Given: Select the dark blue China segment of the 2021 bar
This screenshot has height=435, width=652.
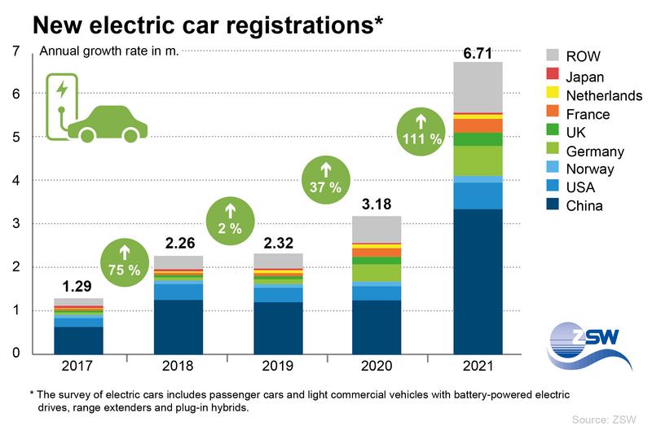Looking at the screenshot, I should pyautogui.click(x=478, y=280).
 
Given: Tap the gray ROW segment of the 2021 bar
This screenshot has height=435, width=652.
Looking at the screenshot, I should pyautogui.click(x=478, y=86).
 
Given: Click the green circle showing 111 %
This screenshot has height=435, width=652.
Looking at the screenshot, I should pyautogui.click(x=421, y=131).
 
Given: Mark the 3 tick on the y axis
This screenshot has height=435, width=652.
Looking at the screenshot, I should pyautogui.click(x=16, y=224).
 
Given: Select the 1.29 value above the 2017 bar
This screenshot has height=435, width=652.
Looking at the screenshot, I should pyautogui.click(x=80, y=287).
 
